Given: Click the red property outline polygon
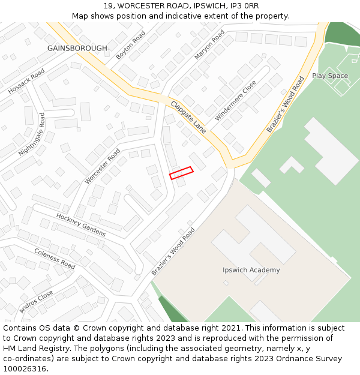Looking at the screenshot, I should (181, 173).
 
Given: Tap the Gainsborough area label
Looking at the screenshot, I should (77, 48).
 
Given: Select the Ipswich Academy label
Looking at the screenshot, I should (251, 270).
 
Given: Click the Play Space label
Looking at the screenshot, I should (329, 76).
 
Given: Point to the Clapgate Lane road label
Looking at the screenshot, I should (188, 117).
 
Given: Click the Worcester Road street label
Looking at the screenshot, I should (103, 166).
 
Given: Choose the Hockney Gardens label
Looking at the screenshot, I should (81, 224).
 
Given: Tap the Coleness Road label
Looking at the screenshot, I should (55, 259).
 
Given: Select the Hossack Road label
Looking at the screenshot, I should (26, 81).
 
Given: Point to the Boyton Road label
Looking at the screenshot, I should (131, 45).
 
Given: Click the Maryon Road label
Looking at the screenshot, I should (209, 44).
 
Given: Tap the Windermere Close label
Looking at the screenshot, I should (235, 101).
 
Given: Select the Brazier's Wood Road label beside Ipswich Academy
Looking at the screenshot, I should (173, 251).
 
